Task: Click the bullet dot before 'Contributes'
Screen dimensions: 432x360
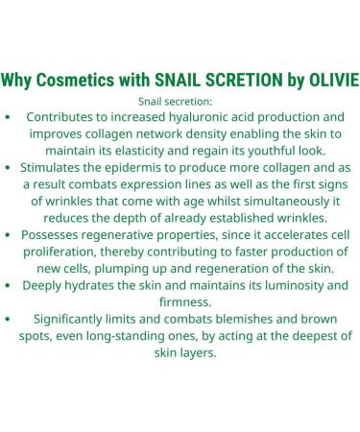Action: [9, 117]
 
